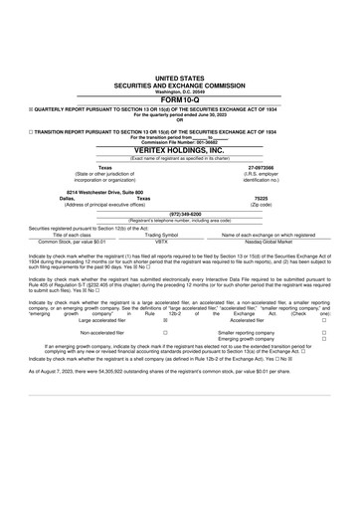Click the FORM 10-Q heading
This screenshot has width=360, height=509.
coord(180,98)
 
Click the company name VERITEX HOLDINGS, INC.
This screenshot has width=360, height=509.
coord(180,149)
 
